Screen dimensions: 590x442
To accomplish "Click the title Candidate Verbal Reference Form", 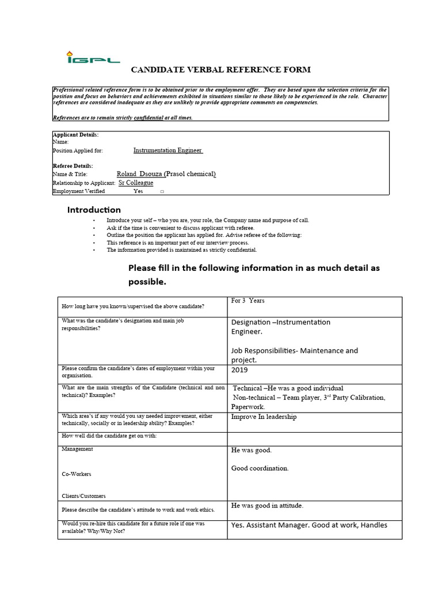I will [221, 70].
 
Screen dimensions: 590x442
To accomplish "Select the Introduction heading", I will [94, 210].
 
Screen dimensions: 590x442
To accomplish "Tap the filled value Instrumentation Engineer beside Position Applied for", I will [167, 150].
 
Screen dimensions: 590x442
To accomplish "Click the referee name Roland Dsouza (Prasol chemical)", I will [166, 174].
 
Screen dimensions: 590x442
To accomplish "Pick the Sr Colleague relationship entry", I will [136, 183].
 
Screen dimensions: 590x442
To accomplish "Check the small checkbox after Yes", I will [162, 192].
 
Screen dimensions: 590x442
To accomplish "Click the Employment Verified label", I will [79, 191].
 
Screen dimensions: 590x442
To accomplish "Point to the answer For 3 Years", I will [247, 301].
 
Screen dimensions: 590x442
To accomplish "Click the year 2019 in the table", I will [240, 370].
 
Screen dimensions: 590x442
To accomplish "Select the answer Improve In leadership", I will [264, 417].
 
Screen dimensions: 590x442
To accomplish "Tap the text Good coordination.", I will [260, 468].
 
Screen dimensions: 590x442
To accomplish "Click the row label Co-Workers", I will [77, 474].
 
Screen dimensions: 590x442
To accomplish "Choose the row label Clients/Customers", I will [83, 496].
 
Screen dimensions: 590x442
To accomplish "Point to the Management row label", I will [77, 449].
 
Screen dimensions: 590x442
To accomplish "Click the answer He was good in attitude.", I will [267, 506].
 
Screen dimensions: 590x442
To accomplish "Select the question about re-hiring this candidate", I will [133, 527].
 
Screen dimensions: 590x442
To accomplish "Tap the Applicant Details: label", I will [75, 135].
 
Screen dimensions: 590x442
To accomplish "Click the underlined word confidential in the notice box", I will [148, 118].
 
